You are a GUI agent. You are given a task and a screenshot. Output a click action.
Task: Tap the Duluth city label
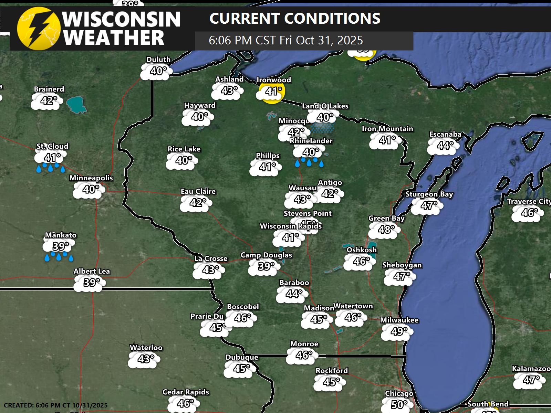[158, 60]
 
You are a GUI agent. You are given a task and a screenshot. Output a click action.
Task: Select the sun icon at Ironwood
[271, 91]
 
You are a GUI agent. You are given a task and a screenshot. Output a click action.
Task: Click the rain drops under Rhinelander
[309, 162]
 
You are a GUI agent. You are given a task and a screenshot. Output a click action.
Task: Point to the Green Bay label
[386, 218]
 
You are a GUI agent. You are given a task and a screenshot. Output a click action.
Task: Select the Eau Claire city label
[198, 191]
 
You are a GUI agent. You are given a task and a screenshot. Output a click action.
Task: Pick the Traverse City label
[529, 201]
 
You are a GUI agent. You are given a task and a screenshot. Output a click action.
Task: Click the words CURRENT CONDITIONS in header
[295, 19]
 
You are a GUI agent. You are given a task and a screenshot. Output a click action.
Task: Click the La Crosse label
[211, 258]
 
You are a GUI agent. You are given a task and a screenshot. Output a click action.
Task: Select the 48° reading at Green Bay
[386, 229]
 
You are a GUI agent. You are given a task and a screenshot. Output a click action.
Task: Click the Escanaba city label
[445, 134]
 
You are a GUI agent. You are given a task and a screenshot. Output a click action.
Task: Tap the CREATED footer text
[55, 405]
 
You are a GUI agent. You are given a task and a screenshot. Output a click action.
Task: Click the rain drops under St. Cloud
[51, 168]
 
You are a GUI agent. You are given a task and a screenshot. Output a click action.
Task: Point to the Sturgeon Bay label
[429, 194]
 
